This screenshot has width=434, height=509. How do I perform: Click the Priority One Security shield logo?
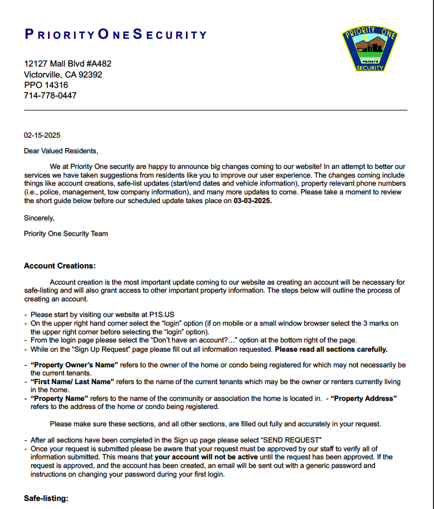point(370,49)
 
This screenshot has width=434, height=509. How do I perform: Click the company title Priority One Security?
point(116,34)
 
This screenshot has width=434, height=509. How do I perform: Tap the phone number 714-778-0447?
point(50,95)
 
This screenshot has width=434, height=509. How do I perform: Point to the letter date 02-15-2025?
point(42,135)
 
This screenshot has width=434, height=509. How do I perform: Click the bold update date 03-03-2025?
point(252,201)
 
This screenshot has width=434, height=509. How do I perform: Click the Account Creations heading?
point(60,266)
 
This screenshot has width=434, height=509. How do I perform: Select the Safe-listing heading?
point(46,498)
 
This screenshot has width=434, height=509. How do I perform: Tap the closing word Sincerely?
point(39,218)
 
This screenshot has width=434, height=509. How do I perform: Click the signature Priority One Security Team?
point(66,234)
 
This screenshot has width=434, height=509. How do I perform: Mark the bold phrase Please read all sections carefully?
point(331,349)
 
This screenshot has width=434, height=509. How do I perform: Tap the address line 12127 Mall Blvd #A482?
point(68,64)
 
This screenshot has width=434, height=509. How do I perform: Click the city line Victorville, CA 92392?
point(63,75)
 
